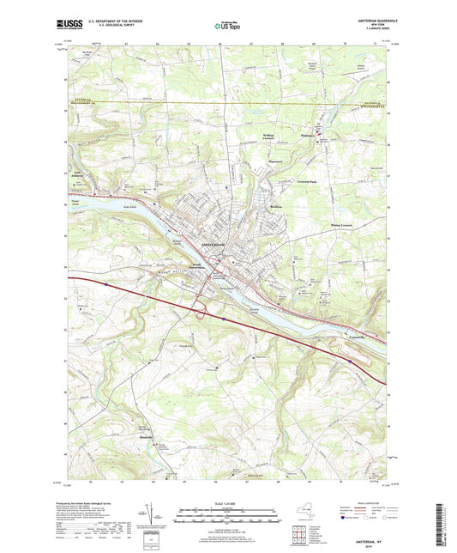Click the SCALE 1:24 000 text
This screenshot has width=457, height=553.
[227, 502]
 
